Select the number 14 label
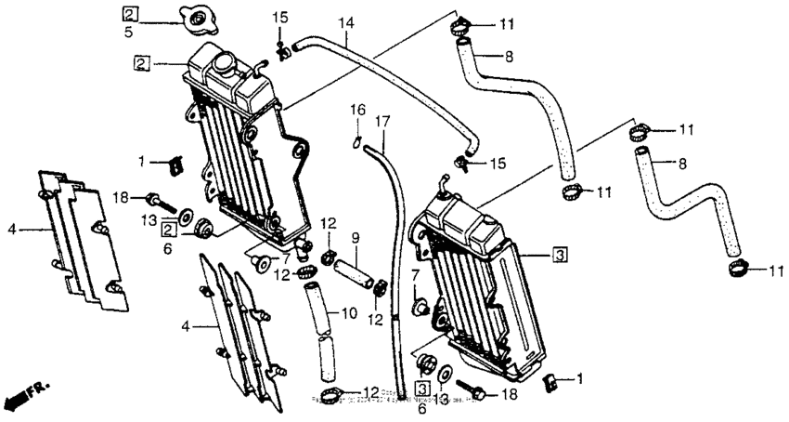[345, 21]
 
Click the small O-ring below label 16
[356, 141]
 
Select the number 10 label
[348, 313]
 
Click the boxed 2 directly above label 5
[130, 12]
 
